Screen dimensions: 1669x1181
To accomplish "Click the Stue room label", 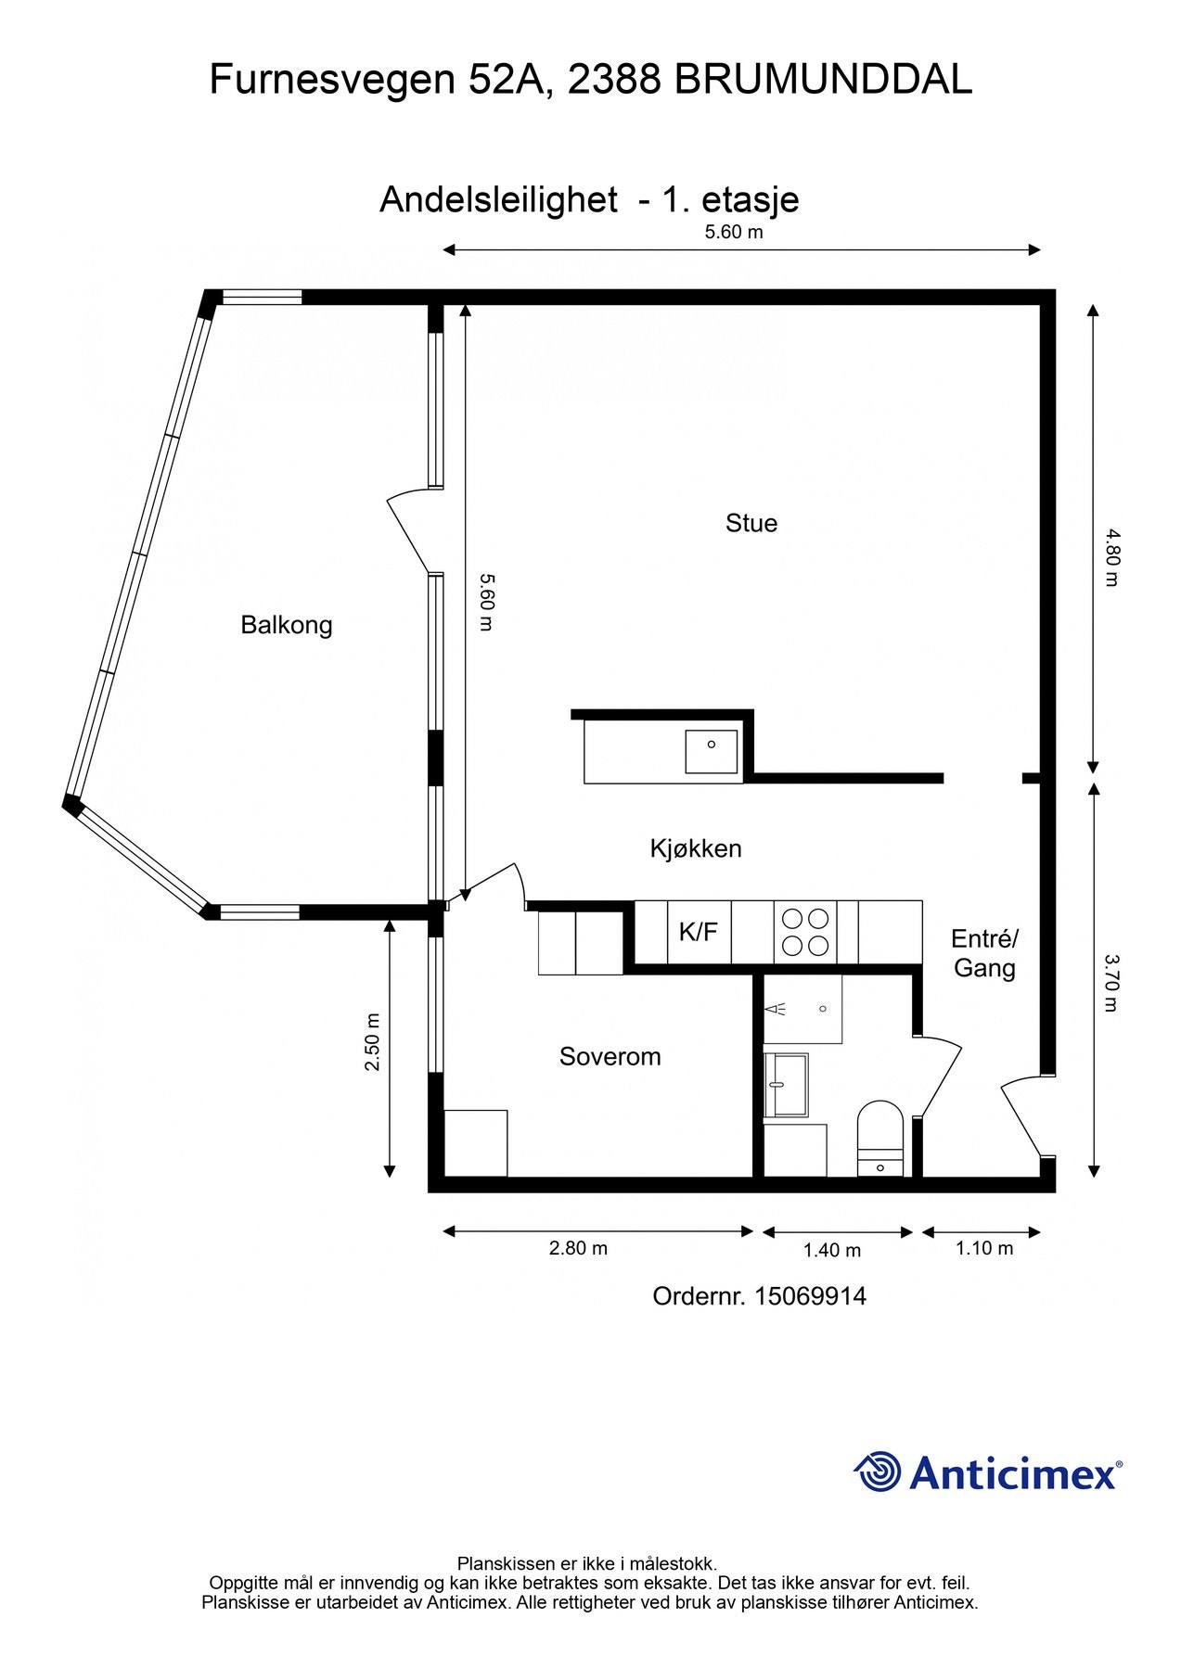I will pos(751,524).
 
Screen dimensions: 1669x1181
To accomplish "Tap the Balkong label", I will pos(286,625).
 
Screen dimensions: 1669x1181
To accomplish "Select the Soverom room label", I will pos(610,1057).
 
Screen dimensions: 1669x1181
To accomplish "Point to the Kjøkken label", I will pos(696,848).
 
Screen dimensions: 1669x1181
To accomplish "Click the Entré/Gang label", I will pos(984,953).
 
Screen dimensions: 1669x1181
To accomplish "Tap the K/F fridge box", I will pos(699,932).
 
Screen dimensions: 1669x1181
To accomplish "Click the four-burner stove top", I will pos(804,932).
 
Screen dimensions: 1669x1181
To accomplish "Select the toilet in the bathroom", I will pos(879,1136).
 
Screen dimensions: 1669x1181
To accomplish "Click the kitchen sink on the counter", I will pos(711,751).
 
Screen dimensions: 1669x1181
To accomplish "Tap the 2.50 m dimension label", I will pos(372,1041).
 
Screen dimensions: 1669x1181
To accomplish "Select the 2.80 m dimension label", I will pos(578,1248).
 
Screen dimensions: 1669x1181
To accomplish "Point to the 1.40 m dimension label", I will pos(831,1250).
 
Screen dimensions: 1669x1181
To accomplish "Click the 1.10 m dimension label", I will pos(984,1248).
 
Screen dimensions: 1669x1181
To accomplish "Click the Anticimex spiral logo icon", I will pos(877,1472).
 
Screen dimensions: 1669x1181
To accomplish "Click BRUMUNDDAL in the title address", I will pos(823,80).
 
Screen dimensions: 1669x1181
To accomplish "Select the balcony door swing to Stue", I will pos(408,529).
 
